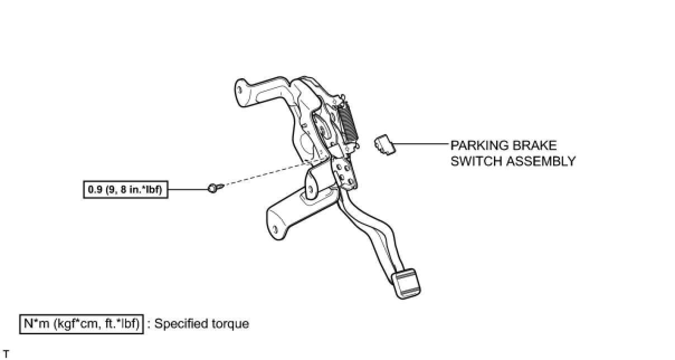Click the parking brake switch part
[383, 144]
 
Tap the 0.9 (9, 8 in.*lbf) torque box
[125, 190]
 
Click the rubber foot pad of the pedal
[407, 282]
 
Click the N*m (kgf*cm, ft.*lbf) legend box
[82, 324]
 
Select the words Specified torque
[202, 324]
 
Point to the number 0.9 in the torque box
[94, 190]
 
